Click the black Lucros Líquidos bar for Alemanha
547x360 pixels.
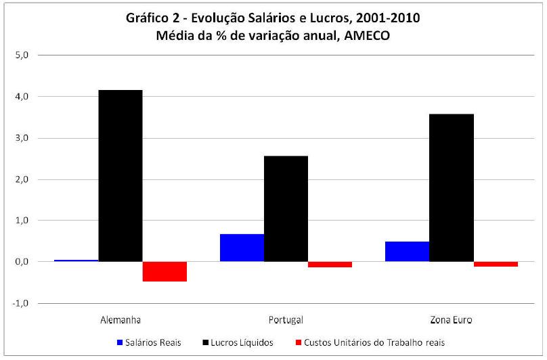pyautogui.click(x=121, y=176)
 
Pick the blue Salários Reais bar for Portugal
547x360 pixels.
pyautogui.click(x=242, y=248)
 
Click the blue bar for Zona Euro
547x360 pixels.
pyautogui.click(x=407, y=251)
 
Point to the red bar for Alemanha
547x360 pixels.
pyautogui.click(x=165, y=271)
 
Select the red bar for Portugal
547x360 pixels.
pyautogui.click(x=330, y=264)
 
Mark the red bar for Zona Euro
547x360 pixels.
pyautogui.click(x=496, y=264)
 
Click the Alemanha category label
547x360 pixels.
pyautogui.click(x=121, y=319)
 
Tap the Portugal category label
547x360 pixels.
pyautogui.click(x=286, y=319)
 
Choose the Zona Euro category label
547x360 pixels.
pyautogui.click(x=452, y=319)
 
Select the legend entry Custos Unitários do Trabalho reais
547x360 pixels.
pyautogui.click(x=375, y=342)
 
